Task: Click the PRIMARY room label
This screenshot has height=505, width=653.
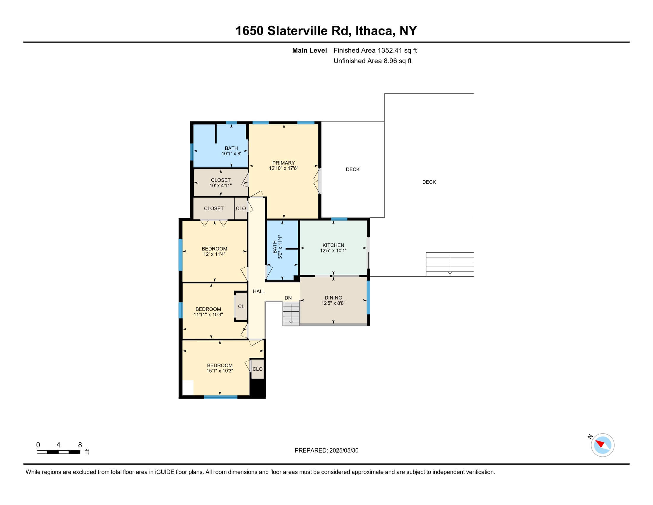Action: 283,163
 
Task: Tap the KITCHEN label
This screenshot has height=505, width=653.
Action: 333,245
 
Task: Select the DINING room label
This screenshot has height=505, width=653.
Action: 333,298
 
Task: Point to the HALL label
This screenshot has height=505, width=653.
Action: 259,291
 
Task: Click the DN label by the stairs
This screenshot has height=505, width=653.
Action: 288,298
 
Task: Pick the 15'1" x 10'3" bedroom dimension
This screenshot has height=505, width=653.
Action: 220,371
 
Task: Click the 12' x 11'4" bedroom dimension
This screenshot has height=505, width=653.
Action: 214,254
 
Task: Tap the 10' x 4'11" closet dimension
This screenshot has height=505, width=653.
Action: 221,185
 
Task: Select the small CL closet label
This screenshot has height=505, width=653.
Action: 241,306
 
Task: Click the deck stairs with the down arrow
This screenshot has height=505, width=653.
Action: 450,264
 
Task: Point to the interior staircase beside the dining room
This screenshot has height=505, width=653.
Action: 291,313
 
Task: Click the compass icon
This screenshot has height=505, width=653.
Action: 603,445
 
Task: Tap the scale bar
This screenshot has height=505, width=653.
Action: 58,452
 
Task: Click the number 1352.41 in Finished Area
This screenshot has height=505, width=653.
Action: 390,50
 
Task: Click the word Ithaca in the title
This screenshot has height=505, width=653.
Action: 374,31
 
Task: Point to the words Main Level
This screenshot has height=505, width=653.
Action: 310,50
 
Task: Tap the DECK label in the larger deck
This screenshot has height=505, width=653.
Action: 429,182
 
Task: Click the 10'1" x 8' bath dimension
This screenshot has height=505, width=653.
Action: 231,154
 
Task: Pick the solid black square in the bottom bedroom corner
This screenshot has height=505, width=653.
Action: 257,389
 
